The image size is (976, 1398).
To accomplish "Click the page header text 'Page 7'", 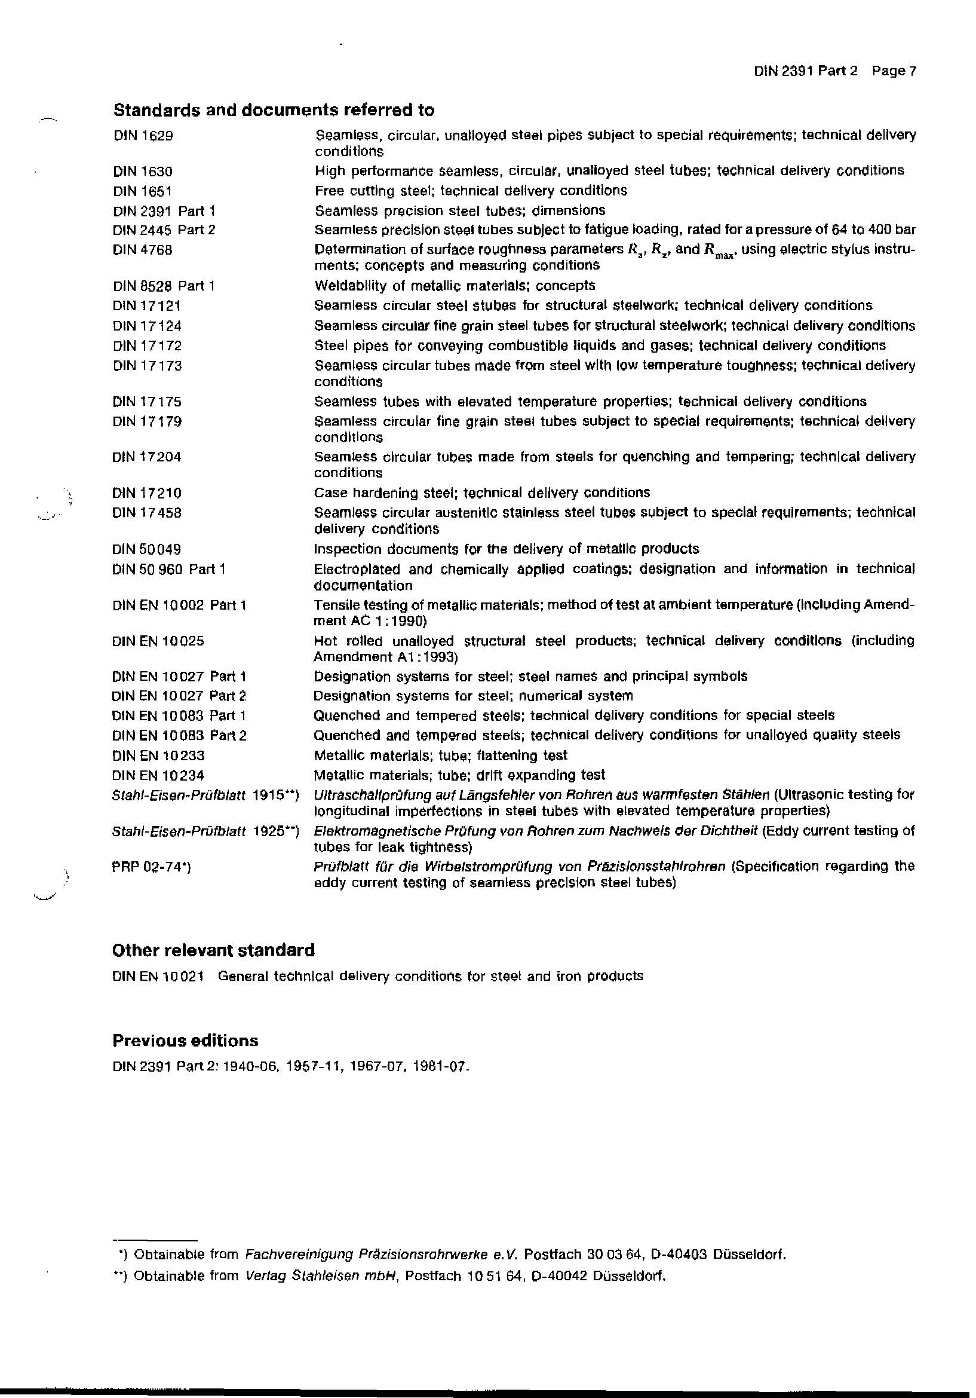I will tap(893, 71).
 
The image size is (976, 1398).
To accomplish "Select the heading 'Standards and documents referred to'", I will tap(274, 110).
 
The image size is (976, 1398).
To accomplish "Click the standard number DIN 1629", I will tap(143, 136).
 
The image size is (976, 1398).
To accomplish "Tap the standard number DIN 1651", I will tap(142, 191).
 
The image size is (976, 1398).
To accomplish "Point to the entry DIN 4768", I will tap(142, 250).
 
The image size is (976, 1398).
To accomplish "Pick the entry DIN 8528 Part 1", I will tap(163, 286).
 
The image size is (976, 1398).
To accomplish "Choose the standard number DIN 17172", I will tap(147, 346).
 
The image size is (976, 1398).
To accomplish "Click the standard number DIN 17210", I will tap(147, 492).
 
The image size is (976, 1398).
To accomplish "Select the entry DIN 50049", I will tap(147, 549).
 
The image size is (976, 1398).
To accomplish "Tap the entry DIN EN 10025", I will tap(158, 641).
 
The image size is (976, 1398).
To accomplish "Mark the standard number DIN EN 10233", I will tap(158, 755).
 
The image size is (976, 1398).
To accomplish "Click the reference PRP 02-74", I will tap(152, 867).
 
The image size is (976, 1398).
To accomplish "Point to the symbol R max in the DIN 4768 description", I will tap(718, 251).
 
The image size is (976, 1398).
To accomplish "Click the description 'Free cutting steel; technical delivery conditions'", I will tap(470, 191).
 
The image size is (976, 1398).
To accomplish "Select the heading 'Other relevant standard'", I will tap(214, 950).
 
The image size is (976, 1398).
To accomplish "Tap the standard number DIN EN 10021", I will tap(158, 977).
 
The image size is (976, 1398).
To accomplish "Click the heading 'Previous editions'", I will tap(185, 1041).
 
